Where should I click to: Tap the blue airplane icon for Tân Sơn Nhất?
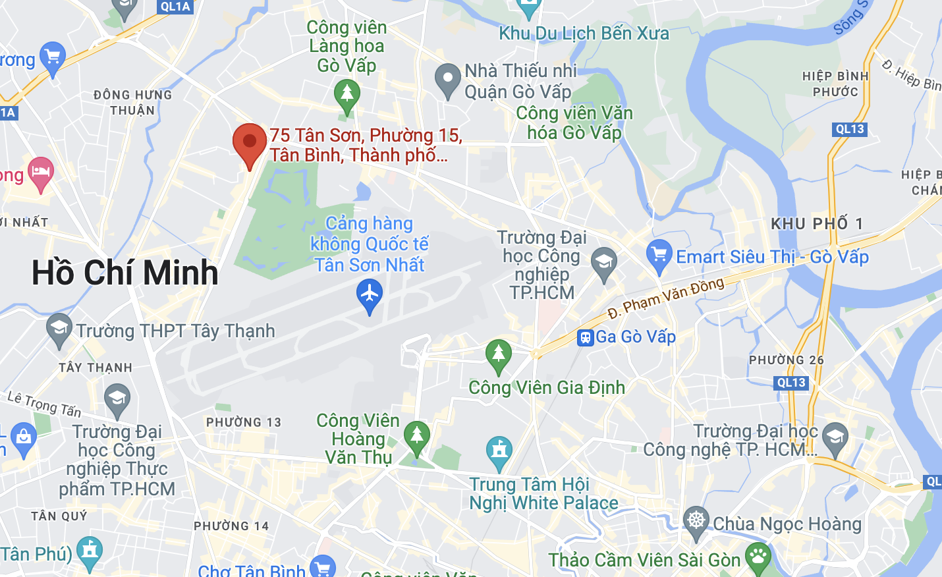tap(370, 294)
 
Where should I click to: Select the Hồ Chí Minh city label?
tap(125, 273)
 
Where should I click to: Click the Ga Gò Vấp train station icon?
tap(585, 338)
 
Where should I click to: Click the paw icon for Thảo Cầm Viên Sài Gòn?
tap(758, 557)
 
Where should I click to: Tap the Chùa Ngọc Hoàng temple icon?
tap(696, 521)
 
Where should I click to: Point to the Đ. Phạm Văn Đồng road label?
tap(665, 298)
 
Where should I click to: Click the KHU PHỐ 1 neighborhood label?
tap(817, 224)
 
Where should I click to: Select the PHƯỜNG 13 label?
tap(244, 422)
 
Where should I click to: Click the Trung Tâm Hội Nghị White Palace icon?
tap(499, 451)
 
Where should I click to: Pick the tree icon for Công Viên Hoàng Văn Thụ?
tap(416, 436)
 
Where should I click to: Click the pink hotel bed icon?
tap(40, 173)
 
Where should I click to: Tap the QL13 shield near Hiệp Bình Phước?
tap(850, 129)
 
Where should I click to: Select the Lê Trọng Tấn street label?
tap(44, 404)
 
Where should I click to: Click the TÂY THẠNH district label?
tap(96, 368)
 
